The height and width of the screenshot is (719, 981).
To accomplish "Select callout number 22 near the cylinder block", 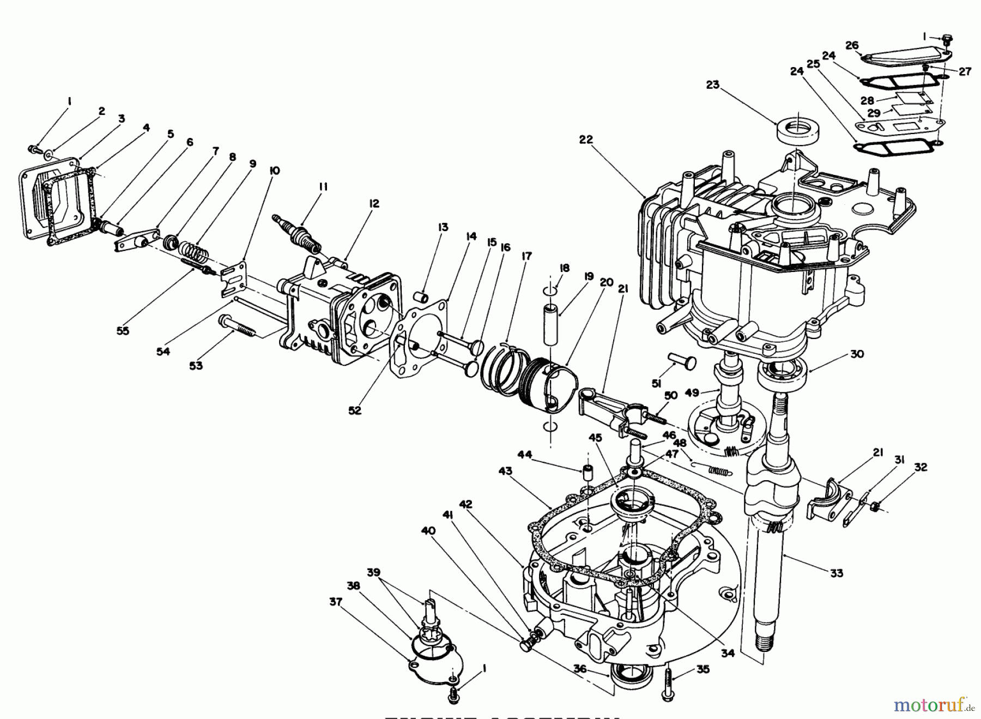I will [x=585, y=140].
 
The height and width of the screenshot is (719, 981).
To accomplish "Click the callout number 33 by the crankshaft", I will [x=837, y=573].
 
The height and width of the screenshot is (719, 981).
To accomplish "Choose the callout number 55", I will [x=123, y=331].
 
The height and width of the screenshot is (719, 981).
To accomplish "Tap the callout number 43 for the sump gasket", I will [x=505, y=471].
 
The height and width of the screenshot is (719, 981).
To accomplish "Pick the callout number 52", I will [x=355, y=410].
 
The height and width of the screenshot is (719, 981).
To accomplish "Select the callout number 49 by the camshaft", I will [x=692, y=392].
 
